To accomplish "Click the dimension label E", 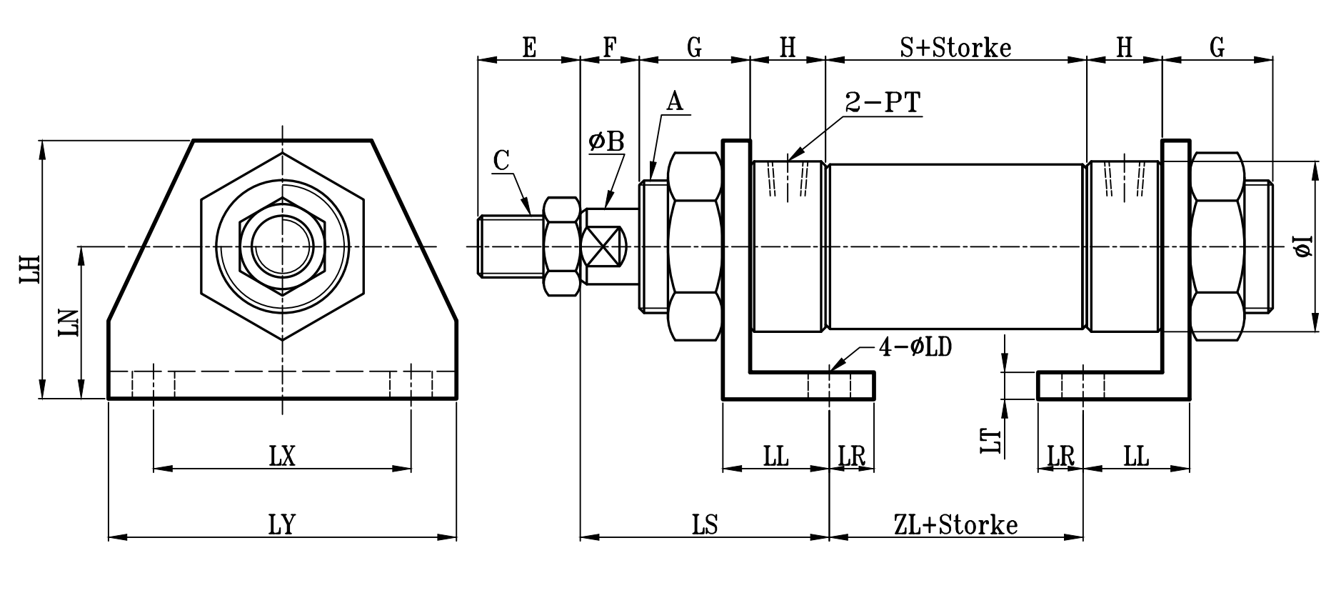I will click(x=529, y=48).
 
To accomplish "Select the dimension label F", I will click(x=609, y=48).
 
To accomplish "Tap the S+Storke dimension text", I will click(x=955, y=48).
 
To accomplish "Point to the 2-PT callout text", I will click(x=883, y=104).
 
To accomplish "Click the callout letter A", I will click(x=675, y=101).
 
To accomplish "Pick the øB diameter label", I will click(x=606, y=141).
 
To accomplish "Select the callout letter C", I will click(x=501, y=161).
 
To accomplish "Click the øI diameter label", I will click(x=1304, y=246).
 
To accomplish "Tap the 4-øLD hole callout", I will click(x=915, y=348).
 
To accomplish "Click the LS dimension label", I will click(x=705, y=525).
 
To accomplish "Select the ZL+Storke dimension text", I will click(x=955, y=525).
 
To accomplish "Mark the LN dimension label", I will click(x=69, y=323).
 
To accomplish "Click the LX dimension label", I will click(x=282, y=457).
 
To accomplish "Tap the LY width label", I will click(x=282, y=525).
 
